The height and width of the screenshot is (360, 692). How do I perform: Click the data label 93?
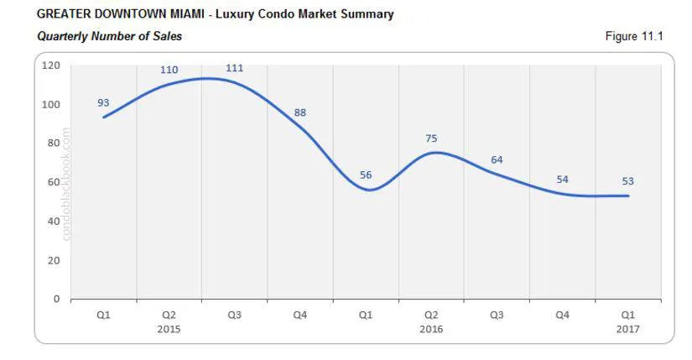pyautogui.click(x=103, y=102)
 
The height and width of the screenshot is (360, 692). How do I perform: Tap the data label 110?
pyautogui.click(x=169, y=70)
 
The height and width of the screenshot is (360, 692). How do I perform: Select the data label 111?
pyautogui.click(x=235, y=68)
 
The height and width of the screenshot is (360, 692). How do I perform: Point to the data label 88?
pyautogui.click(x=300, y=112)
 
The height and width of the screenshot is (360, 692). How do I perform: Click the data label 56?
pyautogui.click(x=366, y=175)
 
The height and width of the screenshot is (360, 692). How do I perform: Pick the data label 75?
pyautogui.click(x=431, y=138)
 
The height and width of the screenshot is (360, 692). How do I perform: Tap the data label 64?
pyautogui.click(x=497, y=159)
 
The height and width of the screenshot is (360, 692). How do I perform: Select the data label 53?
pyautogui.click(x=627, y=180)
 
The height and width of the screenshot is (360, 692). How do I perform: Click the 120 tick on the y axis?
pyautogui.click(x=52, y=65)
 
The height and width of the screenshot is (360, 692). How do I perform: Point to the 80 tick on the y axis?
pyautogui.click(x=55, y=143)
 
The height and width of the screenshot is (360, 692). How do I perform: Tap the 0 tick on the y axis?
pyautogui.click(x=57, y=299)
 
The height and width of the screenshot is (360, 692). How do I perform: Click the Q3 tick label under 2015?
pyautogui.click(x=235, y=315)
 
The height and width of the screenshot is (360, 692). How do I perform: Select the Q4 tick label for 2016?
pyautogui.click(x=562, y=315)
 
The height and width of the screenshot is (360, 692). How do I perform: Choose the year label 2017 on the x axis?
pyautogui.click(x=627, y=329)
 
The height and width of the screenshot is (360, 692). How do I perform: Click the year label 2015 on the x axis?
pyautogui.click(x=169, y=329)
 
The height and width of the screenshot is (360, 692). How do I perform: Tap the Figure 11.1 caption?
pyautogui.click(x=634, y=37)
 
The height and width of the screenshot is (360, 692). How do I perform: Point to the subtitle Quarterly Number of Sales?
pyautogui.click(x=110, y=36)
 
